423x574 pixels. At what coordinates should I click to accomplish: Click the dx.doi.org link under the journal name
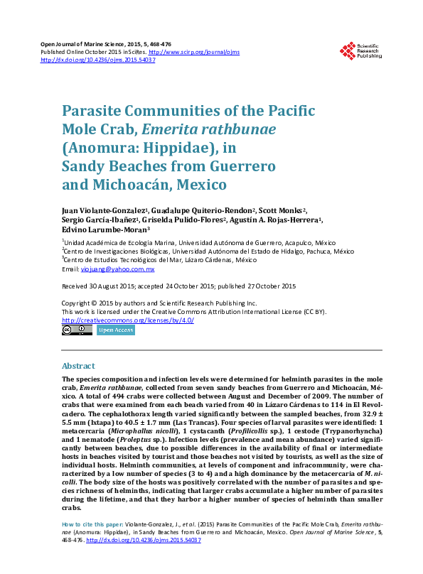pyautogui.click(x=98, y=60)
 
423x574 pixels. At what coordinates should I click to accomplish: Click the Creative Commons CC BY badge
pyautogui.click(x=71, y=330)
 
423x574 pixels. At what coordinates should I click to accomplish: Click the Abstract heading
pyautogui.click(x=78, y=366)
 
